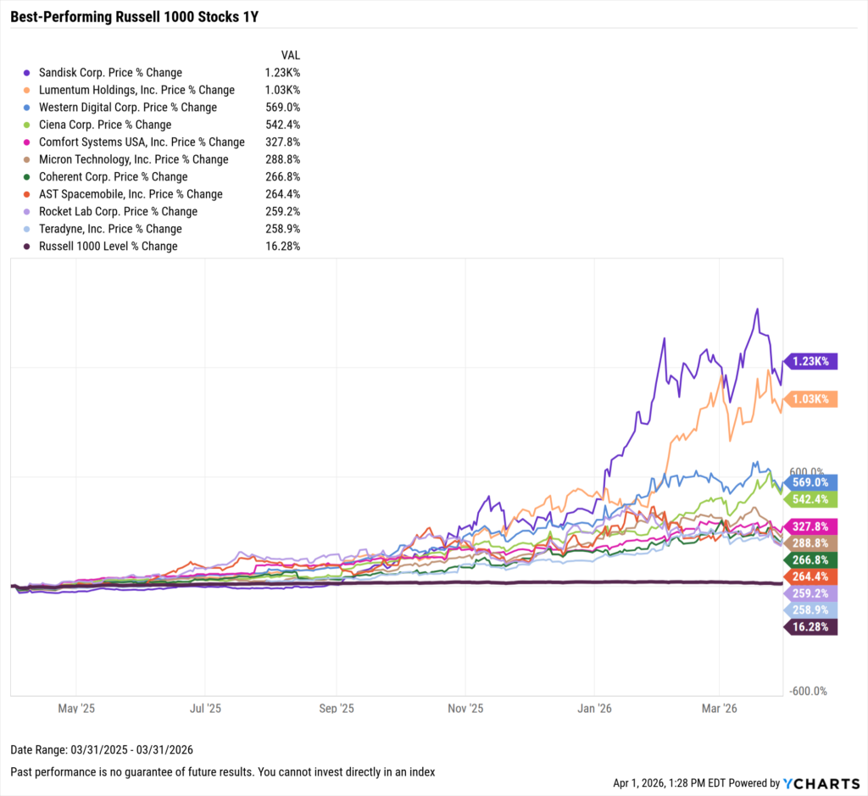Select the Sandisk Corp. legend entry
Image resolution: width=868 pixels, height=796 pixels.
pos(110,73)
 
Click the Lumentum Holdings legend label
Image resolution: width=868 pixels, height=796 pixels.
pos(136,90)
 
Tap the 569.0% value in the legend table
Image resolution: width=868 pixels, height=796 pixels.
pos(282,108)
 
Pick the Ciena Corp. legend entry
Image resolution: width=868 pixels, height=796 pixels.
pos(105,125)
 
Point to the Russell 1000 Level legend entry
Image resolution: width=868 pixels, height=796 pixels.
pos(108,246)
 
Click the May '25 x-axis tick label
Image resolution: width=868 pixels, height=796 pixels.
pos(75,707)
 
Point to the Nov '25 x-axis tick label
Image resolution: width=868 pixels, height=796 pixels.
pos(465,707)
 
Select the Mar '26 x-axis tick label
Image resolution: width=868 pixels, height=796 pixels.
pos(719,707)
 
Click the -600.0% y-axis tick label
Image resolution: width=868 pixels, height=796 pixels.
pos(807,692)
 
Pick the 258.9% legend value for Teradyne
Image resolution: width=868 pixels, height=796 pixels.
pos(282,229)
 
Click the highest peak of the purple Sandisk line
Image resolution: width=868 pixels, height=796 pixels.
pos(757,309)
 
